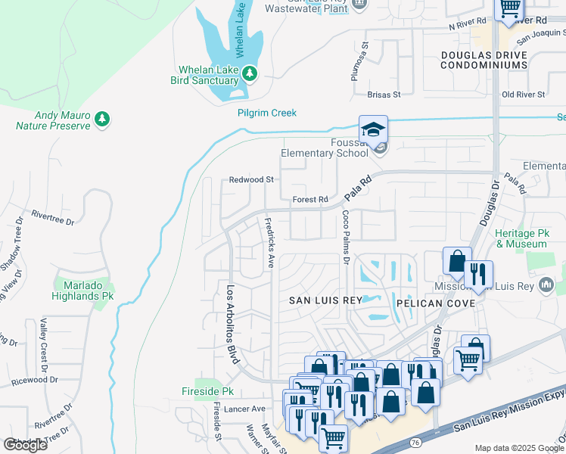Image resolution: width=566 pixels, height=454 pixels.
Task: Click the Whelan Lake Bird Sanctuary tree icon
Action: click(x=250, y=74)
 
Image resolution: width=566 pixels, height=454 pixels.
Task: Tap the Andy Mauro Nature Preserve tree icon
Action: click(x=102, y=119)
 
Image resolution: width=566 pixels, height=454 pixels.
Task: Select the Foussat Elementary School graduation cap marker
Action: click(x=373, y=131)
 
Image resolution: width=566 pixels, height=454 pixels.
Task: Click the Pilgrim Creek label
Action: click(x=267, y=113)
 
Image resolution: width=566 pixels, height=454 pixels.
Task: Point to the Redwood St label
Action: click(x=251, y=180)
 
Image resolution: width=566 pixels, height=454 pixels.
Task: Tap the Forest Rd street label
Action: click(x=310, y=200)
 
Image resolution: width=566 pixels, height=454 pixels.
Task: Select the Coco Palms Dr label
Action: click(x=344, y=237)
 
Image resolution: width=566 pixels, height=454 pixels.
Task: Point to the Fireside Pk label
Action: click(x=208, y=391)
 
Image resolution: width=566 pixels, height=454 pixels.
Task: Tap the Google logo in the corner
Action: click(x=25, y=445)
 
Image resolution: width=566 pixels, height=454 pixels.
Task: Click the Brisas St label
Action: click(x=383, y=95)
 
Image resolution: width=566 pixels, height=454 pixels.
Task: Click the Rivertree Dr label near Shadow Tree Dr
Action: click(x=54, y=220)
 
